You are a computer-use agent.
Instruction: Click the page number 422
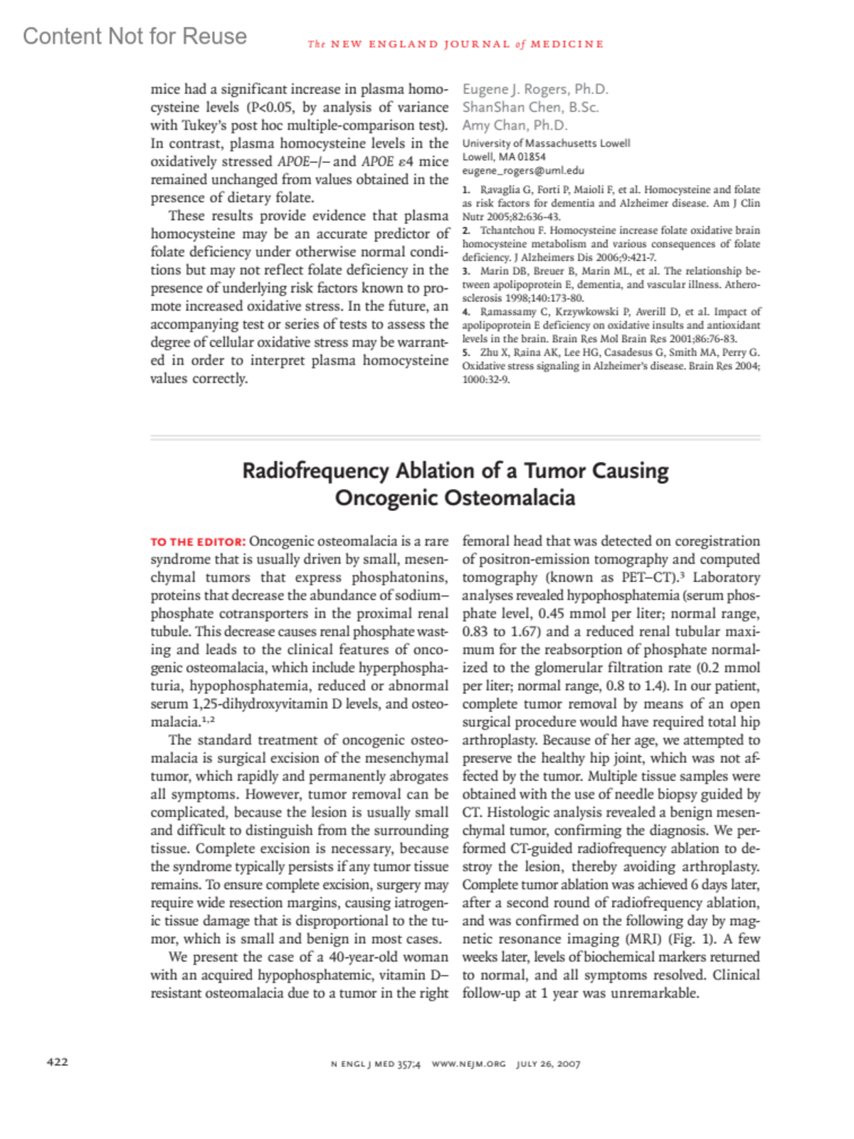tap(57, 1061)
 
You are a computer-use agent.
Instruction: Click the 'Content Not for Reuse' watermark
tap(135, 36)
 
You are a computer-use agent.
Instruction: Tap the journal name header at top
tap(455, 44)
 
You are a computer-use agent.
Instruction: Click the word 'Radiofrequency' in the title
tap(315, 471)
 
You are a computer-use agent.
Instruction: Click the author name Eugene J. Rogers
tap(516, 89)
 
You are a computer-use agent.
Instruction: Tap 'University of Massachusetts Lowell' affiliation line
tap(546, 143)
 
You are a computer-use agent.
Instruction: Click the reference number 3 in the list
tap(465, 271)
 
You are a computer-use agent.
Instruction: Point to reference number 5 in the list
tap(465, 352)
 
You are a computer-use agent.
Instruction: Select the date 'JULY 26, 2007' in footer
tap(548, 1064)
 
